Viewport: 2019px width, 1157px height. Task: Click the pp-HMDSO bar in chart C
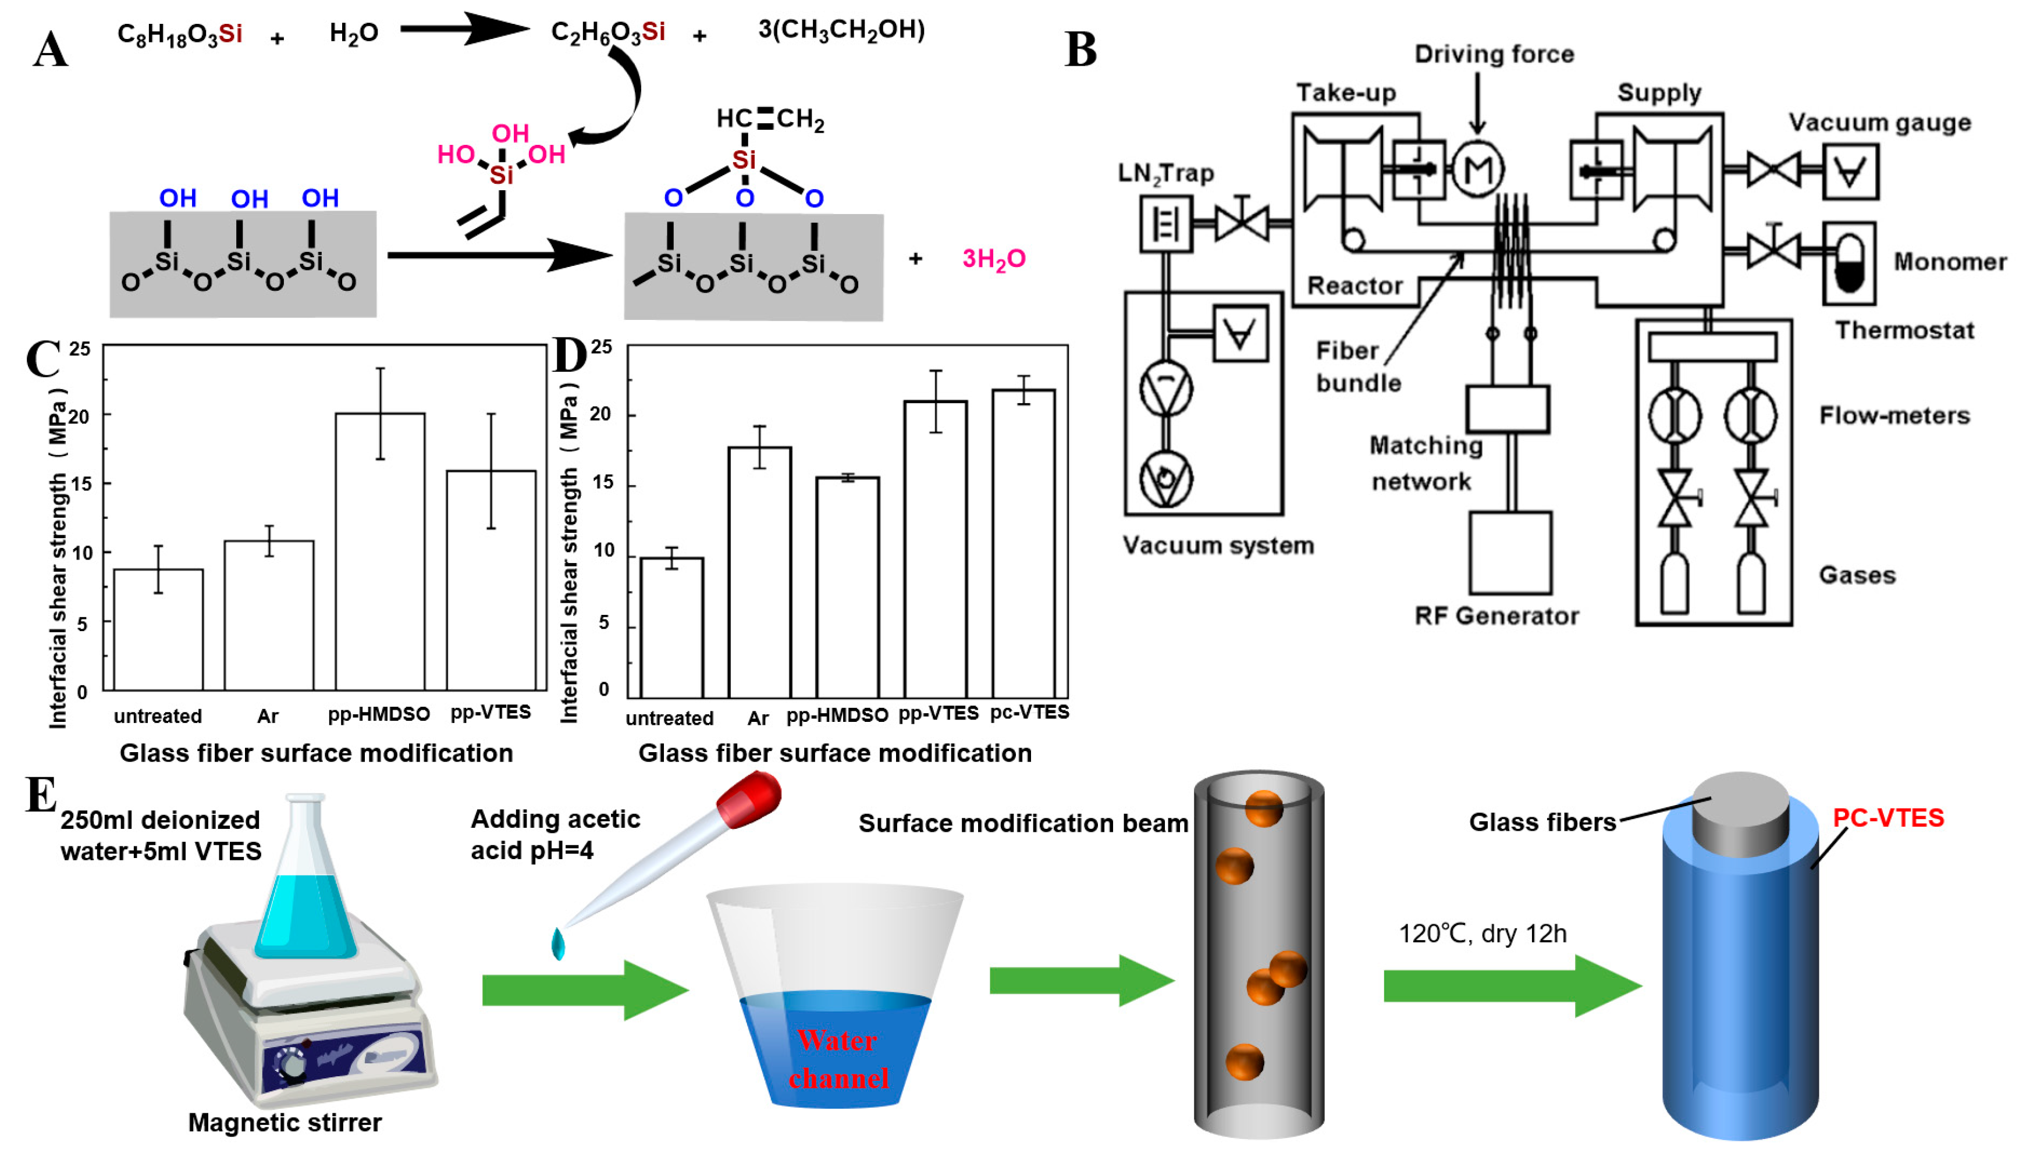pos(380,551)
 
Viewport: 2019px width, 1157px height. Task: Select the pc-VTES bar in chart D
pos(1023,543)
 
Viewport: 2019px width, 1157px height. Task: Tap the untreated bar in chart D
pos(671,628)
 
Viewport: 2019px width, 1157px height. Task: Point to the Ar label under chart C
pos(268,716)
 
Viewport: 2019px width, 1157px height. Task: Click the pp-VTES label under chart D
pos(939,714)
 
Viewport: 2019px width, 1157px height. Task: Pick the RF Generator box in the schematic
pos(1510,552)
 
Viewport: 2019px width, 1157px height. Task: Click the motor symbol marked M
pos(1477,169)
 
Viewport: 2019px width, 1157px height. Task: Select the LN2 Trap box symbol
pos(1165,224)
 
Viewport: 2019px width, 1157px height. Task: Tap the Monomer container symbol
pos(1849,263)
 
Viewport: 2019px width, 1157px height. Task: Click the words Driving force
pos(1494,54)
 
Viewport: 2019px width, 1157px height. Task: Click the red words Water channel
pos(838,1059)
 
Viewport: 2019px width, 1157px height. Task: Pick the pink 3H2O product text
pos(994,259)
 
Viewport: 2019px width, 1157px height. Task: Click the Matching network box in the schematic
pos(1508,410)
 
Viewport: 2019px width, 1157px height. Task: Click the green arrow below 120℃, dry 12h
pos(1512,985)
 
